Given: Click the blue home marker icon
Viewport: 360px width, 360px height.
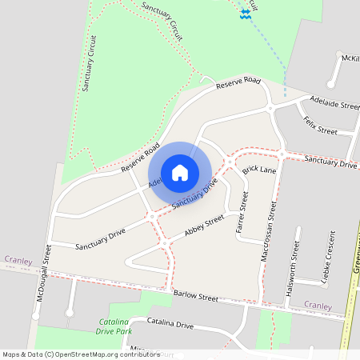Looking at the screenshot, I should pyautogui.click(x=180, y=173).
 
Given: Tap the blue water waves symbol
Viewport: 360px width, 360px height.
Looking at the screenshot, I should pyautogui.click(x=245, y=14).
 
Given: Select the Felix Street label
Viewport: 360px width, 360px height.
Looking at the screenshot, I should pyautogui.click(x=320, y=126).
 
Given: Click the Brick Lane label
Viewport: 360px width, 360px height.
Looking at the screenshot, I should pyautogui.click(x=258, y=170).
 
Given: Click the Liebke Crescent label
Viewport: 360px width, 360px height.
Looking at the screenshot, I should pyautogui.click(x=328, y=255).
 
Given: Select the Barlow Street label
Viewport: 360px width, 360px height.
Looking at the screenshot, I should pyautogui.click(x=196, y=297).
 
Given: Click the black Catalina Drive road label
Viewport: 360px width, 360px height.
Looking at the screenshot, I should pyautogui.click(x=170, y=324).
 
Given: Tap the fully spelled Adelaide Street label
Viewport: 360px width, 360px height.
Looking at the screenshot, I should pyautogui.click(x=334, y=105).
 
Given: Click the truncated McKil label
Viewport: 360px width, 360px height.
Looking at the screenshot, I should pyautogui.click(x=349, y=58).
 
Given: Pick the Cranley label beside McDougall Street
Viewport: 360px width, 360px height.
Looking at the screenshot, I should pyautogui.click(x=18, y=259).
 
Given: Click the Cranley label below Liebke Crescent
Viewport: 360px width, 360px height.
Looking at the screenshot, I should pyautogui.click(x=318, y=305).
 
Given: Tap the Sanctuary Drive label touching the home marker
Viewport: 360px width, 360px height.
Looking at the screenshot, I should pyautogui.click(x=195, y=194).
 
